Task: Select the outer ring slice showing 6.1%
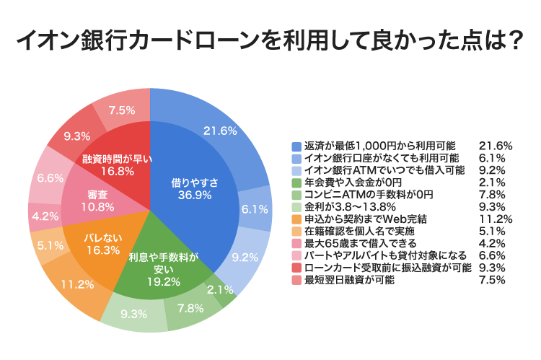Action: click(252, 209)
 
